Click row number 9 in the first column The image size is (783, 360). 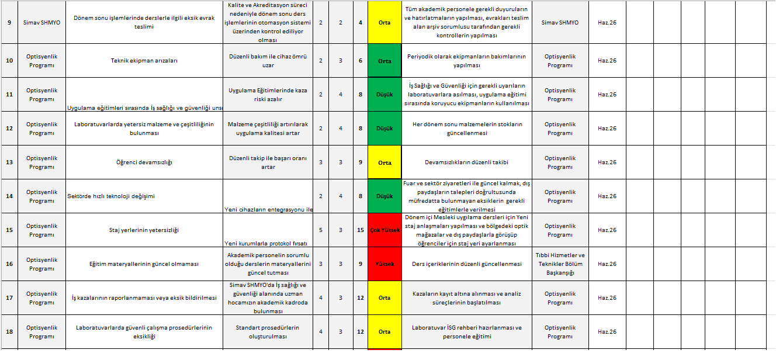coord(9,22)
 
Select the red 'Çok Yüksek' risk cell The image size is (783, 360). coord(384,230)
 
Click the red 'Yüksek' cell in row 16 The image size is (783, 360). coord(384,264)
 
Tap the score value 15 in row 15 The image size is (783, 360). coord(361,230)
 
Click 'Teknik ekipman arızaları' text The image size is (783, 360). coord(144,61)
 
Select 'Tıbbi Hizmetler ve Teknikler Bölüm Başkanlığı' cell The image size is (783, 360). coord(560,264)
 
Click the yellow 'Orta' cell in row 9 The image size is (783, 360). coord(384,22)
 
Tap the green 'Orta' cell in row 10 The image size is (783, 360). coord(384,61)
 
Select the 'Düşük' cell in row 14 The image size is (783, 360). coord(384,196)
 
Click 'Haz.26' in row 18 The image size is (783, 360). coord(607,332)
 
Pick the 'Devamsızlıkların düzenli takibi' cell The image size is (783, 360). coord(466,162)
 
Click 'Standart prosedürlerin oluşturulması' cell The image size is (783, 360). coord(268,332)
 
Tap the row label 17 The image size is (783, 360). coord(9,298)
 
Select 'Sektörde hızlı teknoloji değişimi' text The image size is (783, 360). coord(112,196)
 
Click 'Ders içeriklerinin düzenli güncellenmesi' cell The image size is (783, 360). coord(466,264)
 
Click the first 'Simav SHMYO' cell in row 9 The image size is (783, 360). coord(41,22)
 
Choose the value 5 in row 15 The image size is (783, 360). coord(321,230)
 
